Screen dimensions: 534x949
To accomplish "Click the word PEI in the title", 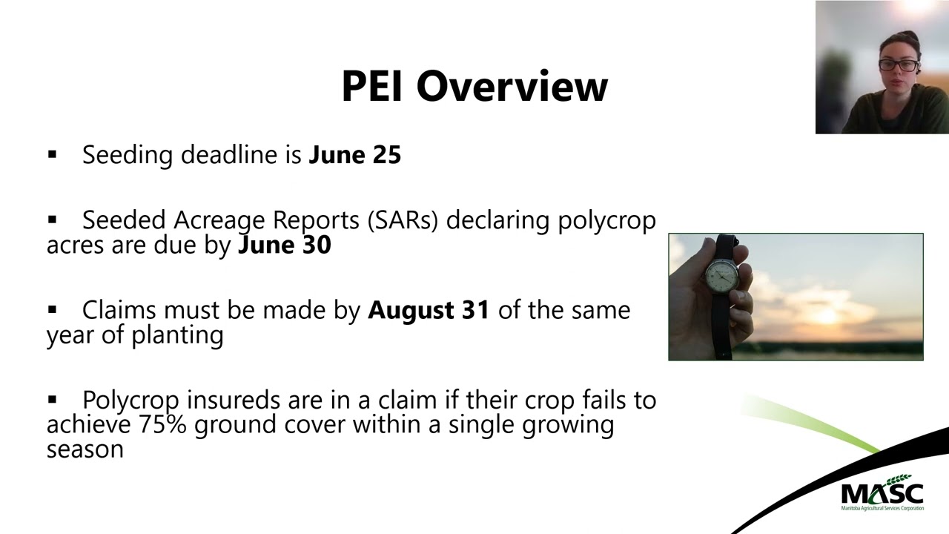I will [373, 86].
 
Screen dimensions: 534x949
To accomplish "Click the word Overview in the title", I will [512, 86].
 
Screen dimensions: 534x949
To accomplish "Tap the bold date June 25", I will [354, 155].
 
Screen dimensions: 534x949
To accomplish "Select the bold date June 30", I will [284, 245].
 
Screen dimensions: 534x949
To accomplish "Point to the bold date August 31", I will [429, 310].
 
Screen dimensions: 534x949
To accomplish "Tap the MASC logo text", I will [882, 492].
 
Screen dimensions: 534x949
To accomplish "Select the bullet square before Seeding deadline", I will [52, 155].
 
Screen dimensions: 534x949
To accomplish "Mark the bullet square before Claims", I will [52, 310].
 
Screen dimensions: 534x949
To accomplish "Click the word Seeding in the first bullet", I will [128, 155].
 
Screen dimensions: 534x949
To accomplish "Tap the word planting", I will [178, 335].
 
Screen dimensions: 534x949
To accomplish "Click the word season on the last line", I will [85, 449].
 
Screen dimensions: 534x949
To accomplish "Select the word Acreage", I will [219, 221].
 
